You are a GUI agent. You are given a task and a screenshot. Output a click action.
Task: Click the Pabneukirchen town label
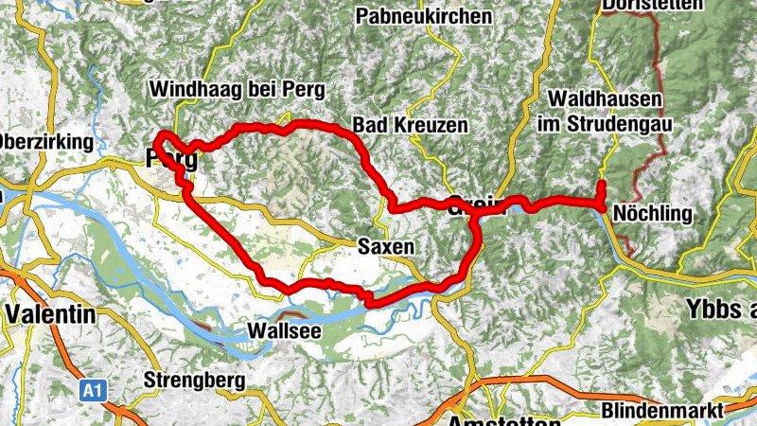[x=424, y=16]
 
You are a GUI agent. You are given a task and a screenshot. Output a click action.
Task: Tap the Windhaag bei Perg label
[x=238, y=90]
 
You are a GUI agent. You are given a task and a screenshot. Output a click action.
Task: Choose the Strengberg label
[x=194, y=381]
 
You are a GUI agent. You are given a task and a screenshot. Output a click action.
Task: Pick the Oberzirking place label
[x=47, y=143]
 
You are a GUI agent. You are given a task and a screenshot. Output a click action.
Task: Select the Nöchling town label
[x=652, y=213]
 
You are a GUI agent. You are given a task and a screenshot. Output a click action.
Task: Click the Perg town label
[x=172, y=159]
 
